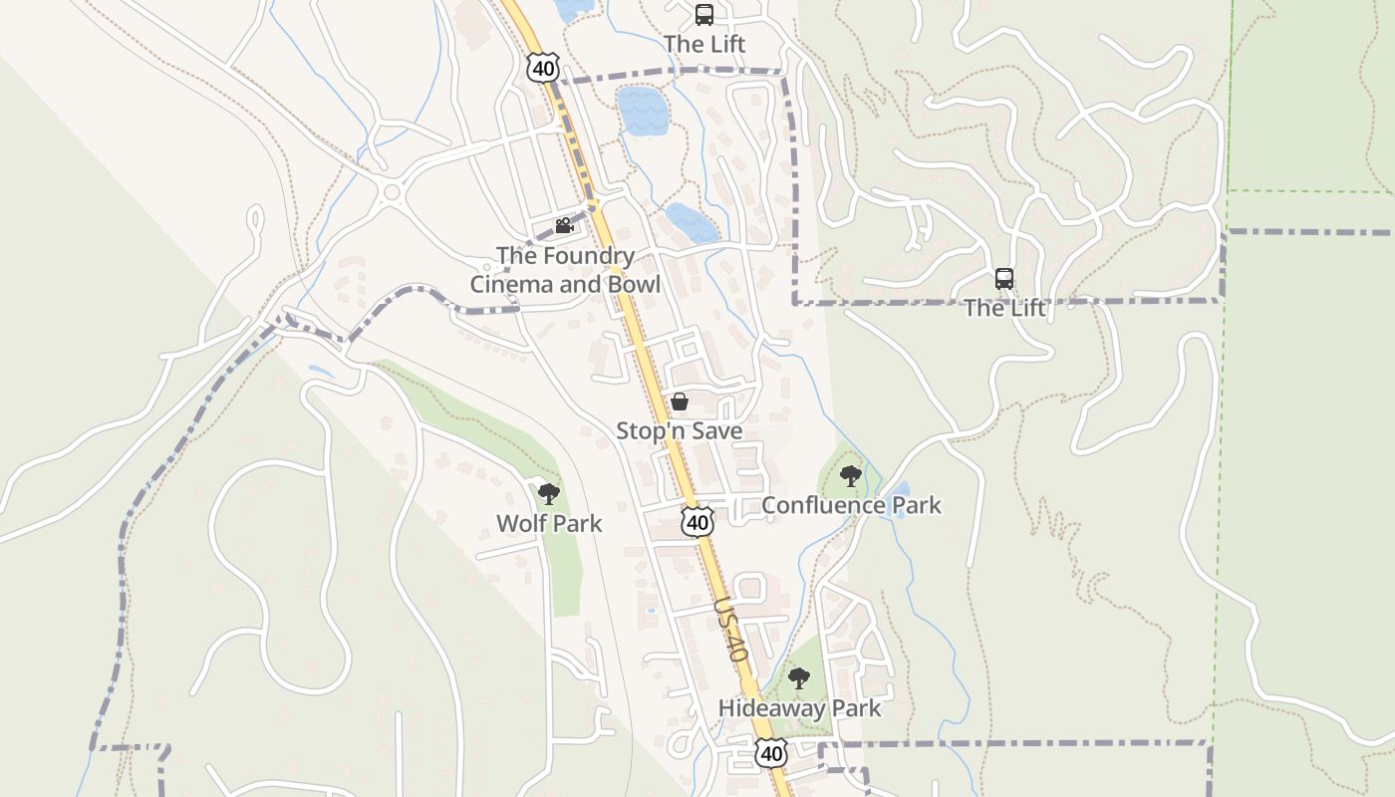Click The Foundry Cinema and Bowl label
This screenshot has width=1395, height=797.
pyautogui.click(x=565, y=270)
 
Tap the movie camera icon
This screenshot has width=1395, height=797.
pyautogui.click(x=564, y=225)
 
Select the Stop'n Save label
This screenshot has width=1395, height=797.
pyautogui.click(x=679, y=430)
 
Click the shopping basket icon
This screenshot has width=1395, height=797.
pyautogui.click(x=680, y=401)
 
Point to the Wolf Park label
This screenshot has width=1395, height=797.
pyautogui.click(x=549, y=523)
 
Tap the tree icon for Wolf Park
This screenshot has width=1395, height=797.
pyautogui.click(x=548, y=493)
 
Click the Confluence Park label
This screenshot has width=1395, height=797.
pyautogui.click(x=851, y=505)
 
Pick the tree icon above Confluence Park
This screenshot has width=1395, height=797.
pyautogui.click(x=850, y=476)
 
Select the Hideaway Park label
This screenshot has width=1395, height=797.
pyautogui.click(x=799, y=708)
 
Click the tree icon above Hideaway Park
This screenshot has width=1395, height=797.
pyautogui.click(x=798, y=679)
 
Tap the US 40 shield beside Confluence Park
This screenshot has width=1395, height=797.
pyautogui.click(x=698, y=522)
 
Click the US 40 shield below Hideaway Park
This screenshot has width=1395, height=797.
pyautogui.click(x=771, y=754)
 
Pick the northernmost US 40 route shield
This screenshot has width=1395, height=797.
pyautogui.click(x=543, y=69)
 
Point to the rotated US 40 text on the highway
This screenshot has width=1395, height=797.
pyautogui.click(x=730, y=631)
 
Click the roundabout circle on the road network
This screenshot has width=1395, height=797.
pyautogui.click(x=391, y=192)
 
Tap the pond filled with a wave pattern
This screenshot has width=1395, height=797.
pyautogui.click(x=642, y=111)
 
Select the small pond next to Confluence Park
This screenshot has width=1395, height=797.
pyautogui.click(x=901, y=491)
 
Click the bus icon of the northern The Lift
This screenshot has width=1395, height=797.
pyautogui.click(x=704, y=15)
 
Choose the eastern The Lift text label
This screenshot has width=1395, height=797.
pyautogui.click(x=1004, y=308)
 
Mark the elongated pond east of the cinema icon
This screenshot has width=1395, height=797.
pyautogui.click(x=692, y=223)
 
